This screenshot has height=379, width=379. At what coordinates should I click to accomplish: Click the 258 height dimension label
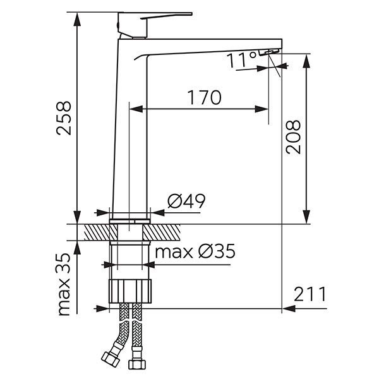(64, 118)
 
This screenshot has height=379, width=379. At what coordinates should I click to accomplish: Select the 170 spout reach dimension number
(204, 97)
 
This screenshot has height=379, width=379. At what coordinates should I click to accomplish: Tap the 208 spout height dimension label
(293, 137)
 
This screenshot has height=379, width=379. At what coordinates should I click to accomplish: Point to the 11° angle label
(242, 60)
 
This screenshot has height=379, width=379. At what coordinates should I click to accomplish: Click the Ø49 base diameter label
(186, 201)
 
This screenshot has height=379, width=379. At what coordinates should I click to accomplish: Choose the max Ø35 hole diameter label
(195, 251)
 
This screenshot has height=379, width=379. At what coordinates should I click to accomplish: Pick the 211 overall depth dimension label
(310, 294)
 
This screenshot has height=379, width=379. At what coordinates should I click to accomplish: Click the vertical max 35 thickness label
(64, 284)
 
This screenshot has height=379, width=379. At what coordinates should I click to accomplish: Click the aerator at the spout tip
(269, 52)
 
